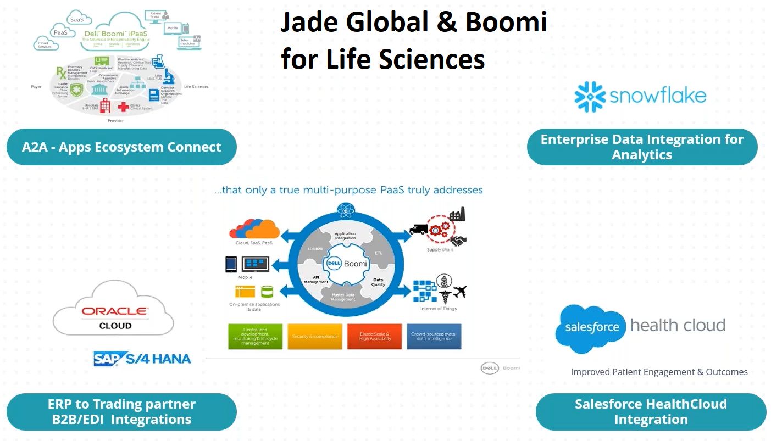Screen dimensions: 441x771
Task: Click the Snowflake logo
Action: (x=640, y=97)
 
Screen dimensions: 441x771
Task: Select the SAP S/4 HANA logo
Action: (x=142, y=359)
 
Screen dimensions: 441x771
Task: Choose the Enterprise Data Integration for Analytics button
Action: (x=642, y=147)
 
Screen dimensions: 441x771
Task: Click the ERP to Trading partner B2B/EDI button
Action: (x=121, y=412)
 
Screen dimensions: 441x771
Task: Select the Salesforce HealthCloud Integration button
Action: (x=651, y=412)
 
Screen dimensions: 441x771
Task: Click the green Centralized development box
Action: (x=255, y=336)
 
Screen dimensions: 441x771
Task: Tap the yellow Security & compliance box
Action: (x=314, y=336)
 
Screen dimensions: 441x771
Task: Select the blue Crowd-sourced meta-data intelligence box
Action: (x=434, y=336)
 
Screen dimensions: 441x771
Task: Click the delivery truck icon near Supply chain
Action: (x=419, y=230)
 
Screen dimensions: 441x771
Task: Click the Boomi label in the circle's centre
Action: (x=355, y=264)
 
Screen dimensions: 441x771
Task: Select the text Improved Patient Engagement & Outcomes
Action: (x=659, y=372)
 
